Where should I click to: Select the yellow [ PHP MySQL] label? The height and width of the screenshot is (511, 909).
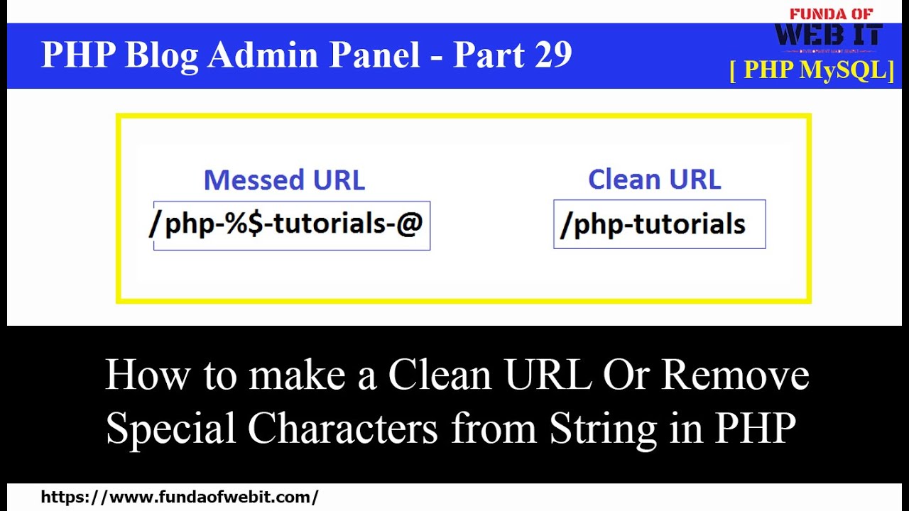[812, 70]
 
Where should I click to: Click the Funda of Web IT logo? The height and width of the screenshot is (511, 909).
[828, 31]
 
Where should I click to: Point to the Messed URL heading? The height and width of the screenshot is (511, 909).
[284, 180]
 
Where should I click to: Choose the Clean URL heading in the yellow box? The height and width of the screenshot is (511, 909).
[654, 180]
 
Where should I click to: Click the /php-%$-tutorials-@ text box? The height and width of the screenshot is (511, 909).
[291, 225]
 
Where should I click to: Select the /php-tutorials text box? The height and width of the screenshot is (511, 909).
[659, 224]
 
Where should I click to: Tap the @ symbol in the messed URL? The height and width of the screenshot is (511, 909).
[410, 224]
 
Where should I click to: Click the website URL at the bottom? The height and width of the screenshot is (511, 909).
[180, 497]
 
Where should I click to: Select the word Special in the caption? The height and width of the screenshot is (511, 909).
[170, 428]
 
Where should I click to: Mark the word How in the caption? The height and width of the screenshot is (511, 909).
[145, 375]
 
